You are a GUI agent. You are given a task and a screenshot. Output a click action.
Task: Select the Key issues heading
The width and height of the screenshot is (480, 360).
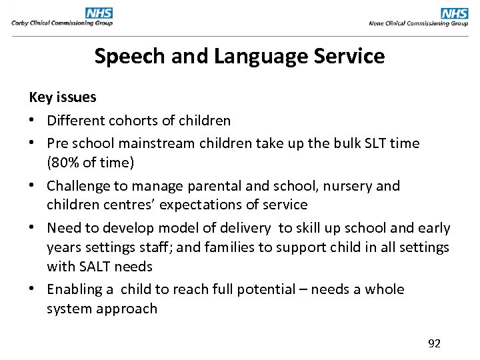tap(63, 97)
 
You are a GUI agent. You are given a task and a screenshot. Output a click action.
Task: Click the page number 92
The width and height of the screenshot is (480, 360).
tap(434, 343)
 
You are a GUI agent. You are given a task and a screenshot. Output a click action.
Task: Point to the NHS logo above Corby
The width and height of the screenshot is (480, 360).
tap(99, 13)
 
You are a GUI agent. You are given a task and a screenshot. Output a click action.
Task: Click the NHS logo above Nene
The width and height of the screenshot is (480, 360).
tap(455, 13)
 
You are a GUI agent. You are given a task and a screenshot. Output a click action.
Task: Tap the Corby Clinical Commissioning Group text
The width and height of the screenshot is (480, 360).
tap(62, 23)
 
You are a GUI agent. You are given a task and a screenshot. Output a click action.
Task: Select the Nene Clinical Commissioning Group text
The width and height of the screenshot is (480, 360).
tap(419, 23)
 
